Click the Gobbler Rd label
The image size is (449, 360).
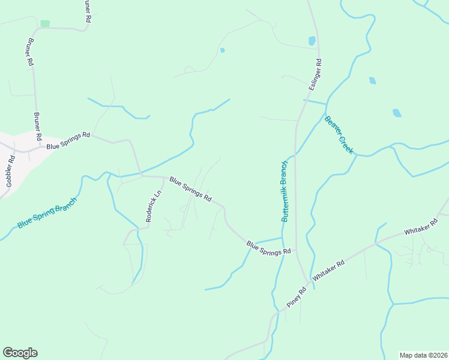10,172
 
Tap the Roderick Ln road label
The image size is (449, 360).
154,207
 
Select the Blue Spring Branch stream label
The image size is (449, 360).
47,213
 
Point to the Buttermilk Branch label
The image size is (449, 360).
286,191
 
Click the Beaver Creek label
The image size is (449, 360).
339,135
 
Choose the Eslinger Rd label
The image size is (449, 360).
316,74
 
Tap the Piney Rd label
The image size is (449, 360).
296,298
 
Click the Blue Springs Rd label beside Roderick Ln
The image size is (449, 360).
190,188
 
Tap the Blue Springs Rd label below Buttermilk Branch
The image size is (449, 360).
268,248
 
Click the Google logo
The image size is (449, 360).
20,353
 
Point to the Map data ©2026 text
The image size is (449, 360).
423,355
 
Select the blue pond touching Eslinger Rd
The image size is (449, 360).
312,41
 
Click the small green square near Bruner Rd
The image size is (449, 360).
45,23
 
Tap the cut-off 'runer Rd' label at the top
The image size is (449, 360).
88,11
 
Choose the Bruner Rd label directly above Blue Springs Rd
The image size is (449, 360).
37,127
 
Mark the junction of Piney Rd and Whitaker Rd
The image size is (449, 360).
309,282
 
